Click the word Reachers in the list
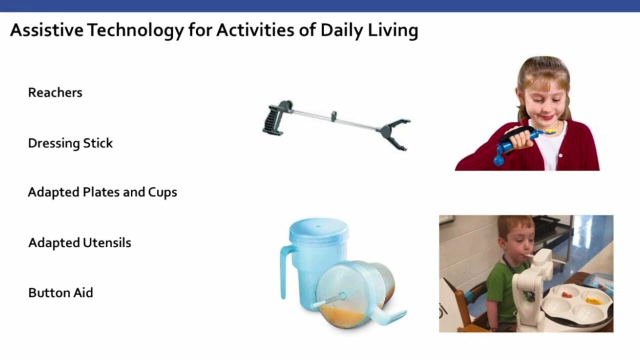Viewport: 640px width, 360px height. (55, 92)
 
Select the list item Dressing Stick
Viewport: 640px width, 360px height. (70, 143)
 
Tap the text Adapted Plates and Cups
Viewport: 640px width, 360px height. (102, 192)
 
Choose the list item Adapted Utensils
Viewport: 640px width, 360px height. (79, 243)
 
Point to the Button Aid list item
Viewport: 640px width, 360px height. (60, 293)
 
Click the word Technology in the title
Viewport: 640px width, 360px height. (135, 30)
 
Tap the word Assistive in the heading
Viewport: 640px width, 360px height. (46, 30)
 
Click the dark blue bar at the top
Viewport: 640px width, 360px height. (320, 5)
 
